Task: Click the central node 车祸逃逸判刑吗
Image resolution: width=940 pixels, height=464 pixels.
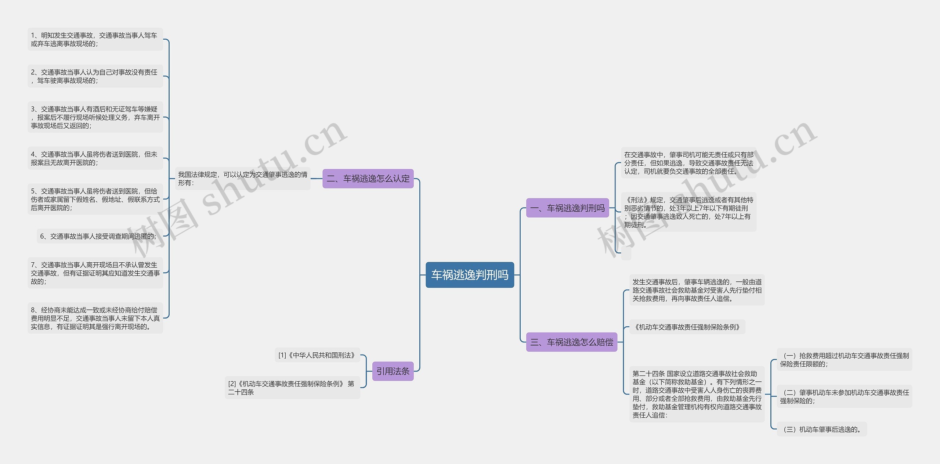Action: (470, 275)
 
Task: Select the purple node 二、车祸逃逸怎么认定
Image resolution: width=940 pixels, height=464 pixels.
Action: (368, 179)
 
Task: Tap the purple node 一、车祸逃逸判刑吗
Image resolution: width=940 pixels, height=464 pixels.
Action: (567, 208)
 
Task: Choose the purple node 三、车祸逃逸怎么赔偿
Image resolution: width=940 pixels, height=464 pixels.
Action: (571, 342)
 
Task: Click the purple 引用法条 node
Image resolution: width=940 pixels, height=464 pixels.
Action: (393, 371)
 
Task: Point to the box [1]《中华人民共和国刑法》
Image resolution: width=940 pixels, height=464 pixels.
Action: (317, 355)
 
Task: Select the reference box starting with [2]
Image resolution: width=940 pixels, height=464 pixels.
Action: (292, 388)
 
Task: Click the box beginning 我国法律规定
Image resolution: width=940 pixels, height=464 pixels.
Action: (242, 179)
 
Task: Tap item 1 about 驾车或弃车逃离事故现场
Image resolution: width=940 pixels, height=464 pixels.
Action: (95, 39)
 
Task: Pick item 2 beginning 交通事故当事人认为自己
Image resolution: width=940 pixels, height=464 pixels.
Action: (95, 76)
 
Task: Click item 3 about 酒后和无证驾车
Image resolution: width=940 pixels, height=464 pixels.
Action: (95, 117)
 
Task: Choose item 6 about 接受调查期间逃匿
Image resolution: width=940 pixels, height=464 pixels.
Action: (98, 236)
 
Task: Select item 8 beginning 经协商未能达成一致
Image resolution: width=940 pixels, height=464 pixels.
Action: (95, 318)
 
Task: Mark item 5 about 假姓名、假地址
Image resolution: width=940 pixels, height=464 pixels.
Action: (95, 199)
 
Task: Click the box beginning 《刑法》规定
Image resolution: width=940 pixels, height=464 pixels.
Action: (688, 212)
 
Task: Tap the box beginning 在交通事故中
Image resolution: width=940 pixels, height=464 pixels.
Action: (688, 163)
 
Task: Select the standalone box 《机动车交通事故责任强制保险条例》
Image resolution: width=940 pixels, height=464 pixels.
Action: (687, 327)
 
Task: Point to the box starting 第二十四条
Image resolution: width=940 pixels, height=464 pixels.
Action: (697, 394)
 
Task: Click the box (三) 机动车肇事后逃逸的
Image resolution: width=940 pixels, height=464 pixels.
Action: (822, 429)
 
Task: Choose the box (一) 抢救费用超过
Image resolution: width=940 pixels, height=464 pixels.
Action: (844, 360)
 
